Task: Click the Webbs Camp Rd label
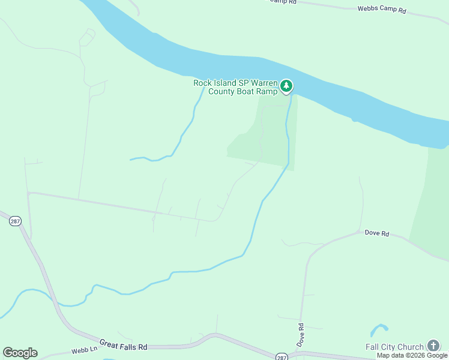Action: pyautogui.click(x=382, y=10)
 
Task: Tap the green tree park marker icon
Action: pyautogui.click(x=287, y=86)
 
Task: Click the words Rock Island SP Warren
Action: pyautogui.click(x=235, y=83)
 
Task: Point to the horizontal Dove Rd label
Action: pyautogui.click(x=377, y=233)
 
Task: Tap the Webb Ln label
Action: pyautogui.click(x=83, y=350)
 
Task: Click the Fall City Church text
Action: pyautogui.click(x=394, y=347)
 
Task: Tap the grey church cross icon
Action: pyautogui.click(x=433, y=346)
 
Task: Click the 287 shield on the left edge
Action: pyautogui.click(x=15, y=221)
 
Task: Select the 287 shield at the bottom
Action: pyautogui.click(x=282, y=356)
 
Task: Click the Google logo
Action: pyautogui.click(x=20, y=352)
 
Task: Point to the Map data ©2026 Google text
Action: pyautogui.click(x=412, y=355)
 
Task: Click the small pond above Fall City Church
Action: pyautogui.click(x=379, y=329)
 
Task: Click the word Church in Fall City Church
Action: pyautogui.click(x=411, y=347)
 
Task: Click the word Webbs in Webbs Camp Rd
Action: pyautogui.click(x=368, y=10)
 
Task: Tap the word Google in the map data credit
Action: pyautogui.click(x=437, y=355)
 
